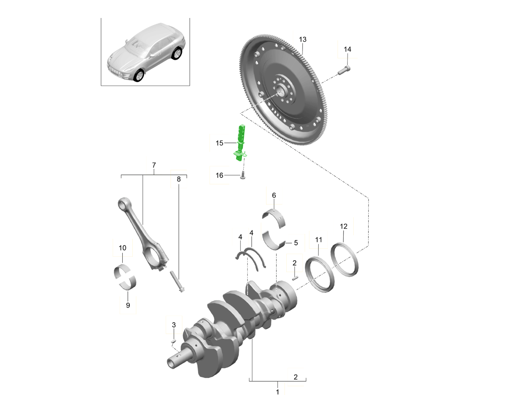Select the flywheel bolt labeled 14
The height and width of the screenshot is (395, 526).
pyautogui.click(x=345, y=70)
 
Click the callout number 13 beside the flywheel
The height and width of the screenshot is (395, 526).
pyautogui.click(x=302, y=39)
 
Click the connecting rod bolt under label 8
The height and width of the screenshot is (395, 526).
pyautogui.click(x=177, y=282)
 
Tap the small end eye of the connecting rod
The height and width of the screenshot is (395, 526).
pyautogui.click(x=123, y=203)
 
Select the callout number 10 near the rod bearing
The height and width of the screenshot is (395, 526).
pyautogui.click(x=122, y=248)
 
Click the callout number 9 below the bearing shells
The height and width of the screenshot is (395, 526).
pyautogui.click(x=128, y=305)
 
